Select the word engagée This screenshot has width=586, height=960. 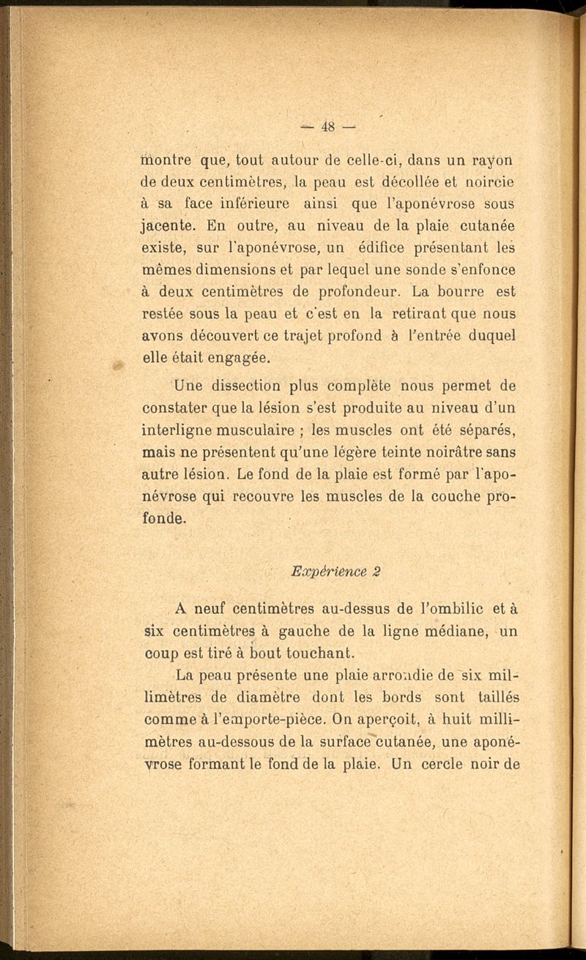coord(218,359)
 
